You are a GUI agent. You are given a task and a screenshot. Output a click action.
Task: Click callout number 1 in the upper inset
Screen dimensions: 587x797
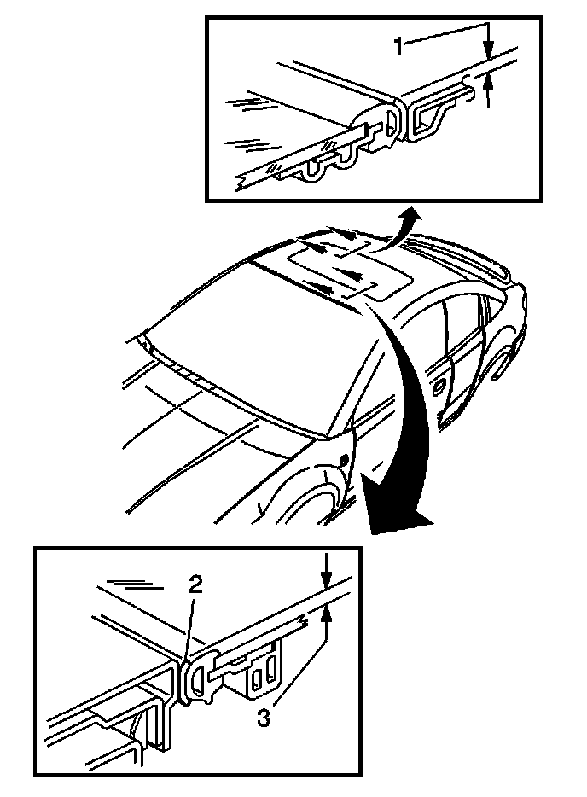398,45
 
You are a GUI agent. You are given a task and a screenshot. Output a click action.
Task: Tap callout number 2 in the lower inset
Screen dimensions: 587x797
196,585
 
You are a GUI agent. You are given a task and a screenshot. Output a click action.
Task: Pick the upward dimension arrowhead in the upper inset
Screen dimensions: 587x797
487,83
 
